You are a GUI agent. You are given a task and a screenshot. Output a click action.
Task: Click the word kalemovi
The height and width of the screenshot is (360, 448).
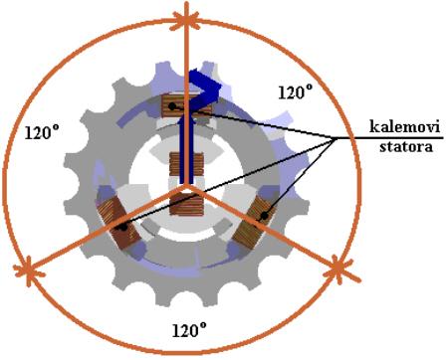404,127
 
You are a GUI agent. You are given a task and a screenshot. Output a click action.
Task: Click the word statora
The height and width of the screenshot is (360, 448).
406,146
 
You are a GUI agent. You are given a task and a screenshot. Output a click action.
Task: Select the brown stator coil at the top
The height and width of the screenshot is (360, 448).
186,105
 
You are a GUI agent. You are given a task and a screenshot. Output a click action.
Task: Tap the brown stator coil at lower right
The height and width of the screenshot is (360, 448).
254,222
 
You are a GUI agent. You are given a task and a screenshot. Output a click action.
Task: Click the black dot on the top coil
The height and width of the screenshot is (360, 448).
172,106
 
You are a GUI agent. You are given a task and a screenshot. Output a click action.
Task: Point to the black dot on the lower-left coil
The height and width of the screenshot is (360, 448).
123,228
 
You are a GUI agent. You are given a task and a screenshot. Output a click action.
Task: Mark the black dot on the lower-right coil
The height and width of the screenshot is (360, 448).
264,216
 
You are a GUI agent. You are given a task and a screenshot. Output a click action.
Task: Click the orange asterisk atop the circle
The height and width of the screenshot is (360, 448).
187,19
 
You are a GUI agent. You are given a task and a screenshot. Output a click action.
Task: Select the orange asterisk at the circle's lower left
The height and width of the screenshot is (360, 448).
29,270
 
